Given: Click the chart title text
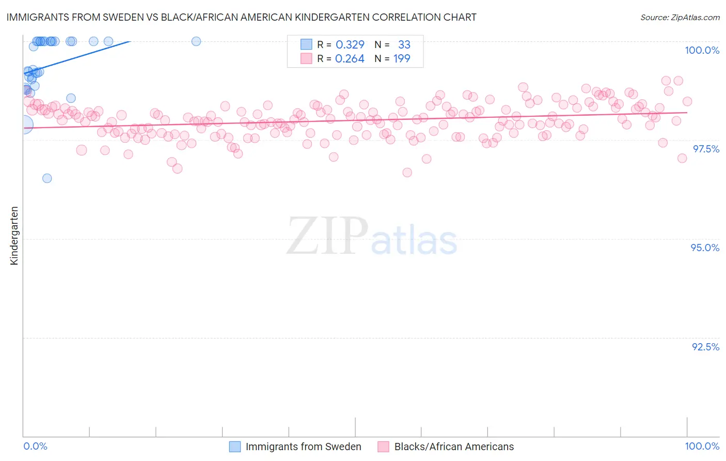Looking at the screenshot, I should coord(241,17).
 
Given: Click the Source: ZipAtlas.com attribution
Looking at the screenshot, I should coord(680,18).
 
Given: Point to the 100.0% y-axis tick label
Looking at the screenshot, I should coord(702,50).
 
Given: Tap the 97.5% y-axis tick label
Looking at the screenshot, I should coord(706,149).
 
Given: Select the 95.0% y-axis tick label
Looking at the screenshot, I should coord(705,248).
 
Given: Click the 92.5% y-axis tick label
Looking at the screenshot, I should coord(705,347).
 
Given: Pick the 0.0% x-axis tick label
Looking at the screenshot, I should coord(35,446).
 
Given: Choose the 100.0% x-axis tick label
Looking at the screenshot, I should coord(702,446).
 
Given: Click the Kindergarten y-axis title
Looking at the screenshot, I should coord(14,236).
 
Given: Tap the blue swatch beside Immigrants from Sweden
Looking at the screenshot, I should coord(235,447).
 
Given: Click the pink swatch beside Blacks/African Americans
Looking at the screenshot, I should coord(383,447).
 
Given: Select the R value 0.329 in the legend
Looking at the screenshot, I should coord(350,45).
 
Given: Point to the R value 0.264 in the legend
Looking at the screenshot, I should coord(350,59).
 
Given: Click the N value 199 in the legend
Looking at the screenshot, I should coord(402,59).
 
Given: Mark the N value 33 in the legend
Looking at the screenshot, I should coord(404,45).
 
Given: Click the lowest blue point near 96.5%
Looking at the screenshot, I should coord(47,178).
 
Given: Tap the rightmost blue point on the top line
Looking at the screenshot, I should coord(196,41).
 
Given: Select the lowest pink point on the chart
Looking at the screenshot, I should coord(407,173).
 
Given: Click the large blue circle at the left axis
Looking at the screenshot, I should coord(24,124).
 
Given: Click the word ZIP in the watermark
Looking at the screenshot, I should coord(327,236).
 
